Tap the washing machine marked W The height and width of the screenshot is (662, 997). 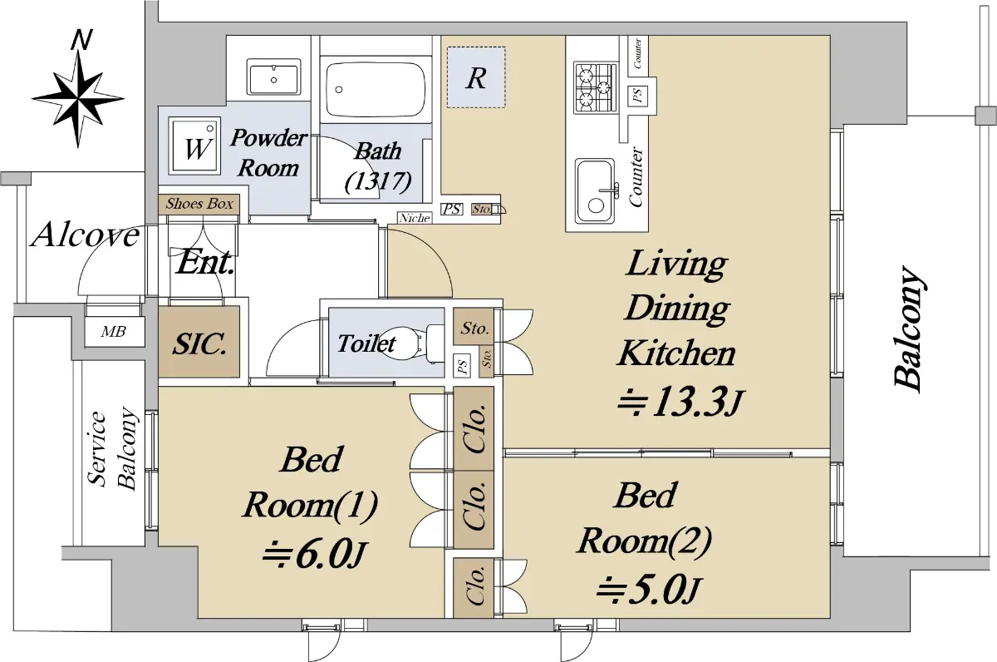click(x=194, y=146)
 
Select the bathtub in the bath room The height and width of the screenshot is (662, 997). click(x=376, y=90)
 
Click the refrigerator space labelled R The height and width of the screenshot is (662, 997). click(x=476, y=77)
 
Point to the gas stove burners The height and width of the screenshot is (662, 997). click(x=596, y=88)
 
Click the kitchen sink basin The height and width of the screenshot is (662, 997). click(x=595, y=191)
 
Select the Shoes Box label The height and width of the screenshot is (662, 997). click(x=199, y=204)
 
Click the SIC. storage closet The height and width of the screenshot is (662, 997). click(x=199, y=341)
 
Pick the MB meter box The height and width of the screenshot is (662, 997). click(x=114, y=332)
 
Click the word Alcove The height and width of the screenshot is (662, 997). click(x=86, y=235)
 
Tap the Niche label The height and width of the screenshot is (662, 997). click(x=415, y=218)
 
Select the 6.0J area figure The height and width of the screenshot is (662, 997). click(x=314, y=556)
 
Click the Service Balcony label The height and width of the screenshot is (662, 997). click(x=112, y=449)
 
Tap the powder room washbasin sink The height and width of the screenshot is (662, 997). click(x=273, y=78)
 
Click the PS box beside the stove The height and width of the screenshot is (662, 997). click(x=637, y=95)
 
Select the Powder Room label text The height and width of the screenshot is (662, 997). click(x=268, y=152)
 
